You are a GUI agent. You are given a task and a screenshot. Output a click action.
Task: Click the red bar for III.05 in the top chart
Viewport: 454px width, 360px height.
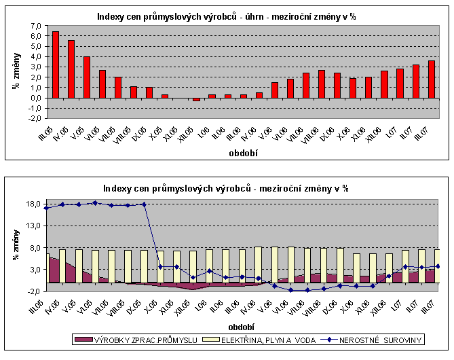click(x=56, y=65)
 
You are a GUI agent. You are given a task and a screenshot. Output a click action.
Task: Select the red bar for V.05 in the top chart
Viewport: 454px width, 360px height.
click(x=87, y=77)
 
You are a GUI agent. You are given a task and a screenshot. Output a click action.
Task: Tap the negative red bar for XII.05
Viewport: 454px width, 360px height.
click(x=197, y=99)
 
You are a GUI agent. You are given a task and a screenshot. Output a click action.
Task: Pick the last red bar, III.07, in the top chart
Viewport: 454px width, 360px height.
click(x=432, y=79)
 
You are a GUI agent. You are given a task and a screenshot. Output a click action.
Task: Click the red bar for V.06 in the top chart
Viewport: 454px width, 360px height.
click(x=275, y=90)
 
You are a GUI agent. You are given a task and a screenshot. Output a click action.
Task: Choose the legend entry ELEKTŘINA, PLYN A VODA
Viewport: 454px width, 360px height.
click(x=265, y=339)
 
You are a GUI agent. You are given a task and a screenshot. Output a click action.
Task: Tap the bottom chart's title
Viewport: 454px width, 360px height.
click(x=227, y=187)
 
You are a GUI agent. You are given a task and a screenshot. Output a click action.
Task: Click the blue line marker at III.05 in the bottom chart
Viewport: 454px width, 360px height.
click(x=45, y=208)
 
